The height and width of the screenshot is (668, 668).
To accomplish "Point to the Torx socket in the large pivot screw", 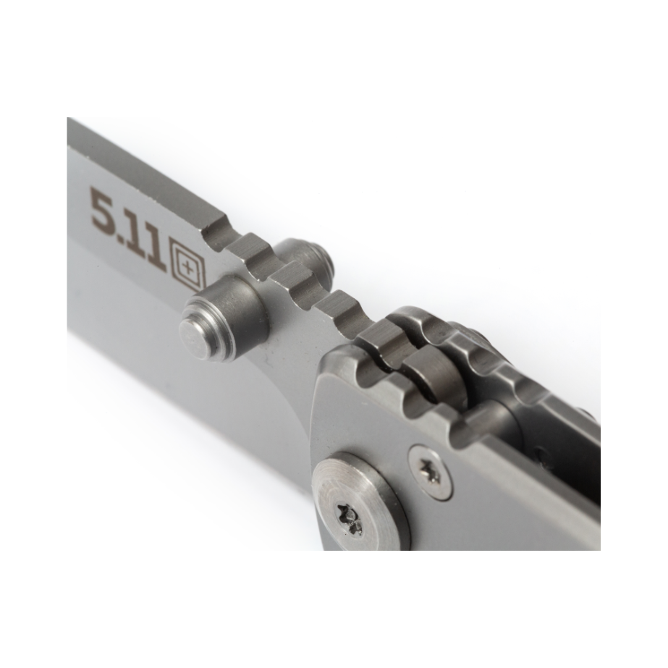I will [350, 519].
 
